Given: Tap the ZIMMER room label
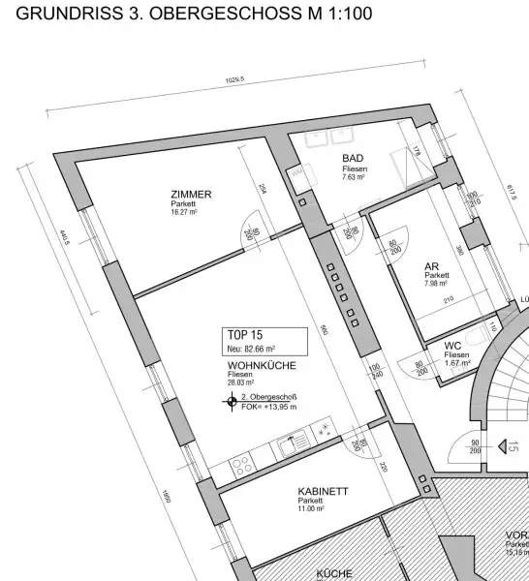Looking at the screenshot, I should (x=190, y=194).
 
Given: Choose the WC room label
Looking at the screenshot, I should (x=452, y=345).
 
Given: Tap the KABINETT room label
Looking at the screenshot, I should (x=323, y=491).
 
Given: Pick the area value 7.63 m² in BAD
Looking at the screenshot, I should (x=353, y=177).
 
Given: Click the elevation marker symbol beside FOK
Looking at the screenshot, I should (x=232, y=402).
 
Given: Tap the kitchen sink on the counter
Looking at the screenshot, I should (x=290, y=446).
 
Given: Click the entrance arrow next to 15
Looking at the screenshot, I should (x=502, y=446).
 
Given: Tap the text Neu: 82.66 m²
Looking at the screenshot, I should (x=251, y=347).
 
